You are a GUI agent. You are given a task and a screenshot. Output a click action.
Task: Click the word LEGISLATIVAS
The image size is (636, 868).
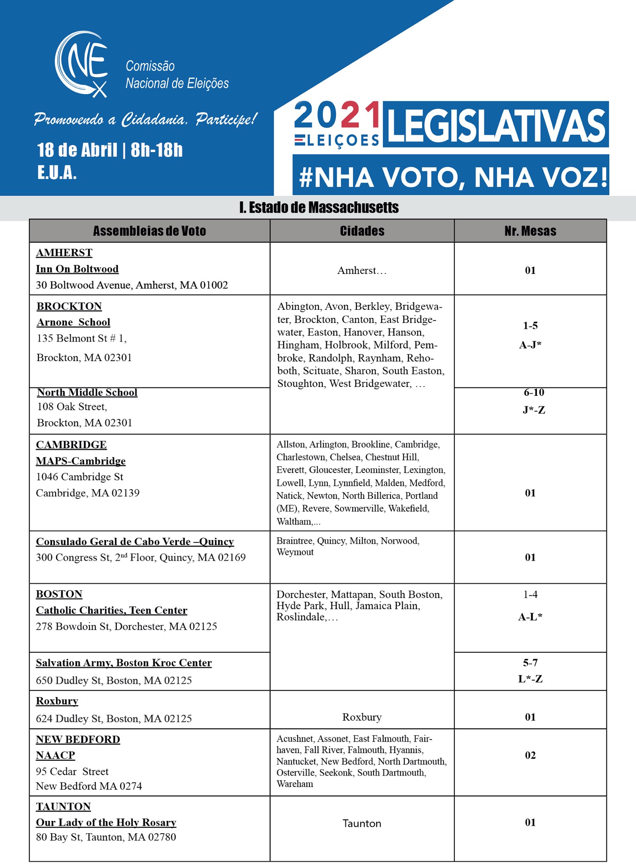pyautogui.click(x=496, y=125)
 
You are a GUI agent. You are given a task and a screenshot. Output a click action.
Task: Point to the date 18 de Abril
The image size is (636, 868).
pyautogui.click(x=77, y=150)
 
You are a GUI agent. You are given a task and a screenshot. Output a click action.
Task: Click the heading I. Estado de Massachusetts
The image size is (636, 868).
pyautogui.click(x=318, y=208)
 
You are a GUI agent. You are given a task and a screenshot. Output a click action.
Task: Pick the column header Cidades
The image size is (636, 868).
pyautogui.click(x=362, y=231)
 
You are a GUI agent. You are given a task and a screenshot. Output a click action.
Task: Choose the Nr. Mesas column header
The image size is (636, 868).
pyautogui.click(x=530, y=231)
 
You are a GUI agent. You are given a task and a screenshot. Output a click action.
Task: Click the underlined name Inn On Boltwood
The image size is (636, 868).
pyautogui.click(x=77, y=269)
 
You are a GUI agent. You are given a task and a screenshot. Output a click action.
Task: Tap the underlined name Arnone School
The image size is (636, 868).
pyautogui.click(x=73, y=322)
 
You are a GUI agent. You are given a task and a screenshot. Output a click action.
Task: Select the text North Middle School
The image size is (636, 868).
pyautogui.click(x=87, y=392)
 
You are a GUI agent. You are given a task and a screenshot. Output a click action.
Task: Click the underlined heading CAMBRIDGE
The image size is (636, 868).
pyautogui.click(x=71, y=445)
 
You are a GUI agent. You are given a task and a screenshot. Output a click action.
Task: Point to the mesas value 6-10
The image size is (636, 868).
pyautogui.click(x=534, y=392)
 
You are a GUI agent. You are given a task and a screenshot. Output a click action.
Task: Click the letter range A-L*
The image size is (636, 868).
pyautogui.click(x=530, y=617)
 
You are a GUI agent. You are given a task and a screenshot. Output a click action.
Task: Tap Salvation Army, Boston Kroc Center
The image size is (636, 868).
pyautogui.click(x=124, y=663)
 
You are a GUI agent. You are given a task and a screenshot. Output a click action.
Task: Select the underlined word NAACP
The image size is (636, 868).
pyautogui.click(x=55, y=755)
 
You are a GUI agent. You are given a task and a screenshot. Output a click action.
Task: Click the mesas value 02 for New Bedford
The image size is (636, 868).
pyautogui.click(x=530, y=755)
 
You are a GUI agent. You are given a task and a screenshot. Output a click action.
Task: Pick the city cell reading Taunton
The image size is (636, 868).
pyautogui.click(x=362, y=823)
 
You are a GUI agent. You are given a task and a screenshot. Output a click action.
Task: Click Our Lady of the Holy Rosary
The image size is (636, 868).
pyautogui.click(x=106, y=822)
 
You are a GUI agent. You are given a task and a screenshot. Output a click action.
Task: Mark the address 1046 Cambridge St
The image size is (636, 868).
pyautogui.click(x=80, y=477)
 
